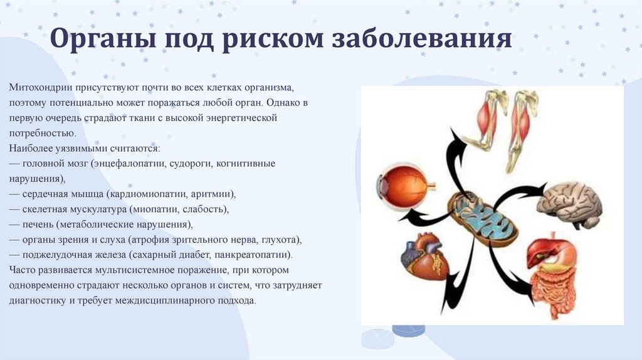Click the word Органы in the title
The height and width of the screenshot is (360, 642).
[103, 38]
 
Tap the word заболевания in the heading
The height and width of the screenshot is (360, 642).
[422, 38]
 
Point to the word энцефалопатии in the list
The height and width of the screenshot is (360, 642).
[129, 164]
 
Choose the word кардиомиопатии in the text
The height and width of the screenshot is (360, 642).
[147, 194]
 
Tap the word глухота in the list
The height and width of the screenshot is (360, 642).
[282, 240]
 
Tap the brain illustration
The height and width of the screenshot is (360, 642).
[571, 205]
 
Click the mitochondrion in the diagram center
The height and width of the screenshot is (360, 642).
[482, 219]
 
